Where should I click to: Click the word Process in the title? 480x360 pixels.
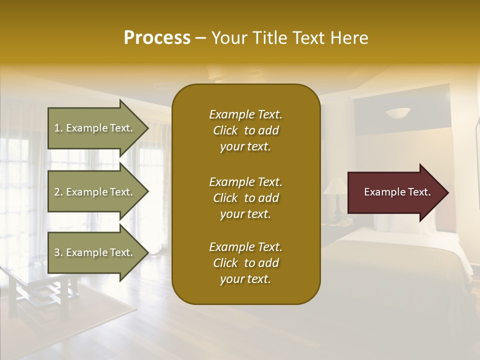[157, 38]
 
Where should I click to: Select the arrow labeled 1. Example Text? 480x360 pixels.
[95, 128]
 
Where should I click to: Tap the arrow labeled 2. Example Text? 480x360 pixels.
[95, 192]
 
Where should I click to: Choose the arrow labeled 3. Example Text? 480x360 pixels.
[95, 252]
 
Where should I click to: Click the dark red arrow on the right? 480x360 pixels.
[395, 192]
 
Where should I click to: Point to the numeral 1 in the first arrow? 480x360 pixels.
[57, 128]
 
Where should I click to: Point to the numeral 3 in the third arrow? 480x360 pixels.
[57, 252]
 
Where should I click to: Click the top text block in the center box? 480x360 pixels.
[245, 130]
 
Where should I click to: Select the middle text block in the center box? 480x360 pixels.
[245, 198]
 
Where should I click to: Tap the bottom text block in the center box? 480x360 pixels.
[245, 263]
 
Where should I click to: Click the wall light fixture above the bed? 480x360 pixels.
[398, 113]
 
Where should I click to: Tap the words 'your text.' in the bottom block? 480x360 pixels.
[245, 279]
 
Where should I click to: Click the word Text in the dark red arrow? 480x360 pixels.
[419, 192]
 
